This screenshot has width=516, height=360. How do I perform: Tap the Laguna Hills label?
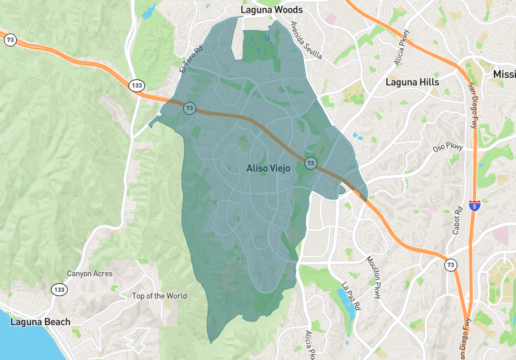click(412, 82)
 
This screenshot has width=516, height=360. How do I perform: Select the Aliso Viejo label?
click(269, 168)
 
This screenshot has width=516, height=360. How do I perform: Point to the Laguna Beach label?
click(39, 321)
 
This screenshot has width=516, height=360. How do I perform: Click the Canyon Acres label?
click(90, 274)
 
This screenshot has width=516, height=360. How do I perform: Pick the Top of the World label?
click(159, 296)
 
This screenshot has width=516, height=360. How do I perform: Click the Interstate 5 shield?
click(475, 206)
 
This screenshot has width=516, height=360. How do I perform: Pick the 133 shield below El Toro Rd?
click(136, 86)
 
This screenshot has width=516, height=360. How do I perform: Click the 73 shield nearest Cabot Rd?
click(450, 265)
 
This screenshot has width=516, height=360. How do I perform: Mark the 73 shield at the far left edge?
click(10, 40)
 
